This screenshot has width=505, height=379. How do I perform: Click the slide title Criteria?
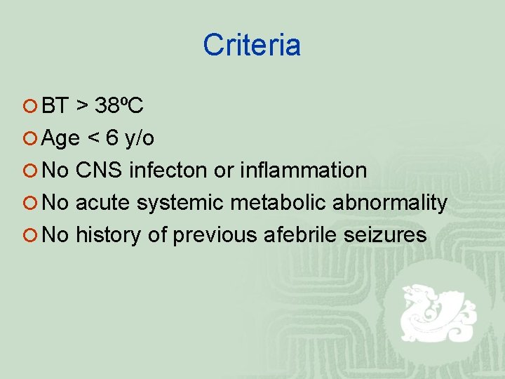point(252,46)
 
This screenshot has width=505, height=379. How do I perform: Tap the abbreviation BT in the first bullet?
point(55,106)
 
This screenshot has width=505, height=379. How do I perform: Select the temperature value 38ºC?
point(119,106)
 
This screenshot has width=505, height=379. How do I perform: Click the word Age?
point(60,139)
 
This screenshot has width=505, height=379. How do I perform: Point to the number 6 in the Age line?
point(112,138)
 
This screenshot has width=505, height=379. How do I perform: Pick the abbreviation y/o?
point(139,139)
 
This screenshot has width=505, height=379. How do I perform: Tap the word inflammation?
point(303,171)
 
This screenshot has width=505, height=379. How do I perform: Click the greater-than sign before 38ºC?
point(82,107)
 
